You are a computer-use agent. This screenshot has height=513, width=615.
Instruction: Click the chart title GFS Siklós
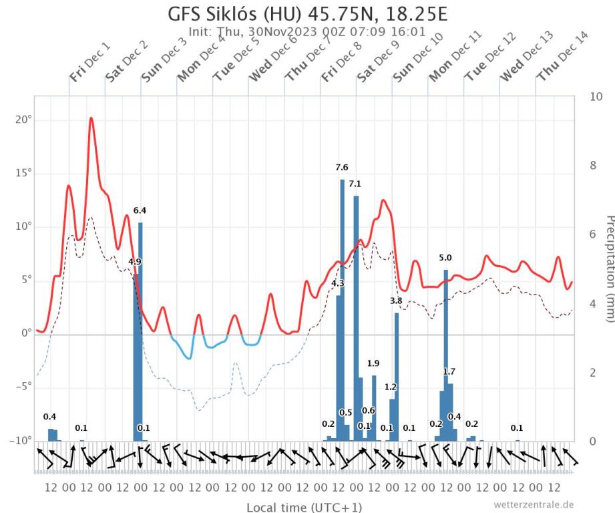(x=307, y=13)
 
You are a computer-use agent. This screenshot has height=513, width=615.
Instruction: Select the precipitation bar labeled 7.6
(x=342, y=307)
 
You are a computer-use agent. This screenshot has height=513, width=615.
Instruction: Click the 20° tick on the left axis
(x=23, y=120)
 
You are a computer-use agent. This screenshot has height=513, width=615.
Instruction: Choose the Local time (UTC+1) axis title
(x=304, y=507)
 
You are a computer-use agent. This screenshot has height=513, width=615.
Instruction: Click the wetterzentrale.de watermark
(x=534, y=504)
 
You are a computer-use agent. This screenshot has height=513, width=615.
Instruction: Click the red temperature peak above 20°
(x=91, y=118)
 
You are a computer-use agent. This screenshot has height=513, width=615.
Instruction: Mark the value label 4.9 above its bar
(x=134, y=262)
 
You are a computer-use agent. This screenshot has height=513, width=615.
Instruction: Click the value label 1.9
(x=373, y=363)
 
